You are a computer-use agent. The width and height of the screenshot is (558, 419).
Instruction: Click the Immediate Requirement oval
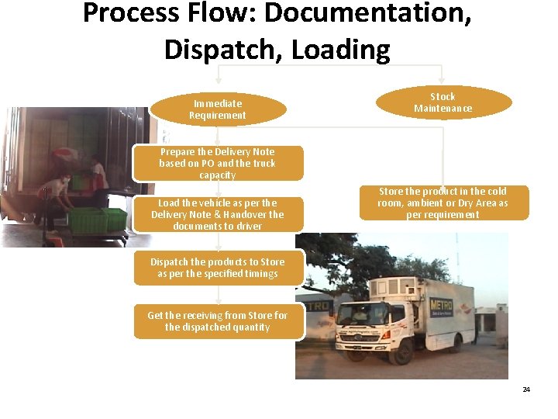pyautogui.click(x=218, y=109)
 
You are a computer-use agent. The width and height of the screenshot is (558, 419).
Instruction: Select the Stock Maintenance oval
pyautogui.click(x=443, y=102)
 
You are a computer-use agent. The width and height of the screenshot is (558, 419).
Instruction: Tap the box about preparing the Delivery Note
pyautogui.click(x=218, y=163)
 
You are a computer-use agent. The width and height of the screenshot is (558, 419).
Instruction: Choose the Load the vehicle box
pyautogui.click(x=218, y=214)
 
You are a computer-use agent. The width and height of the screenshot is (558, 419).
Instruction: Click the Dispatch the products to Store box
pyautogui.click(x=218, y=268)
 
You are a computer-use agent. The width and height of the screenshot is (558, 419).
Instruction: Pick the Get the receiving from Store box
pyautogui.click(x=218, y=321)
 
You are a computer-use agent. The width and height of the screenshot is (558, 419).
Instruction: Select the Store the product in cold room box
pyautogui.click(x=443, y=203)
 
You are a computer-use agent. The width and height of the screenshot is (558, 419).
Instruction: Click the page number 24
pyautogui.click(x=526, y=389)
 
